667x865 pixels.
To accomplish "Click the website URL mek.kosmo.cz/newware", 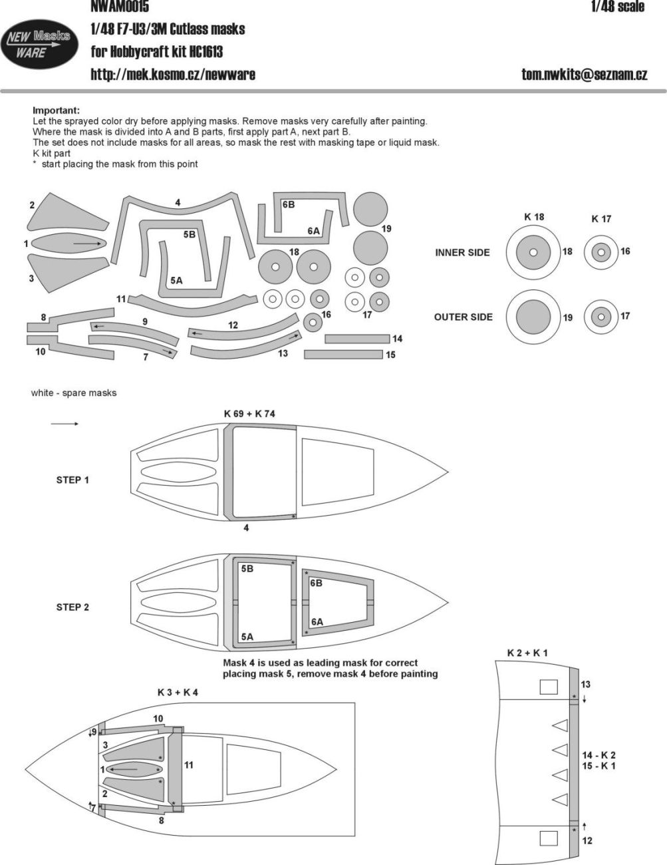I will pyautogui.click(x=172, y=74).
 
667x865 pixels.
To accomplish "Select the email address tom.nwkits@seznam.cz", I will pyautogui.click(x=584, y=75).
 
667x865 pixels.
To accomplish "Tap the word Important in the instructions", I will pyautogui.click(x=56, y=110).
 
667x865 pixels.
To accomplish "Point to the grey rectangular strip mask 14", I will pyautogui.click(x=357, y=339).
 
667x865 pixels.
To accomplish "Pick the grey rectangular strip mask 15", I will pyautogui.click(x=343, y=355).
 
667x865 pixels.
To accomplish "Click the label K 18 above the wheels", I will pyautogui.click(x=533, y=217).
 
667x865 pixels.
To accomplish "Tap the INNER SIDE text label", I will pyautogui.click(x=462, y=253).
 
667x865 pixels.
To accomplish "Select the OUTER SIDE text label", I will pyautogui.click(x=463, y=317).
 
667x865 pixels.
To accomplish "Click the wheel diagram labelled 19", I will pyautogui.click(x=533, y=317).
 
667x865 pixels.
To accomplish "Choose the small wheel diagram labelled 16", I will pyautogui.click(x=601, y=252).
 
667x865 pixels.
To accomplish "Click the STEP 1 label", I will pyautogui.click(x=72, y=480).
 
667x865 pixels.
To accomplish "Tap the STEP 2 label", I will pyautogui.click(x=72, y=607).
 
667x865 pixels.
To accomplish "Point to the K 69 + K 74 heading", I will pyautogui.click(x=249, y=413).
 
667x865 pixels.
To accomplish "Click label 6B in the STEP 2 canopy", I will pyautogui.click(x=316, y=582).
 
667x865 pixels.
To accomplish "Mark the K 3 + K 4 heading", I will pyautogui.click(x=178, y=692).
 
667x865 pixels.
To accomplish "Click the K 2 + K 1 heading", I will pyautogui.click(x=527, y=653).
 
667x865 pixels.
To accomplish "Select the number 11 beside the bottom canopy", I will pyautogui.click(x=189, y=765).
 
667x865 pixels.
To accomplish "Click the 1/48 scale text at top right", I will pyautogui.click(x=617, y=7).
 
